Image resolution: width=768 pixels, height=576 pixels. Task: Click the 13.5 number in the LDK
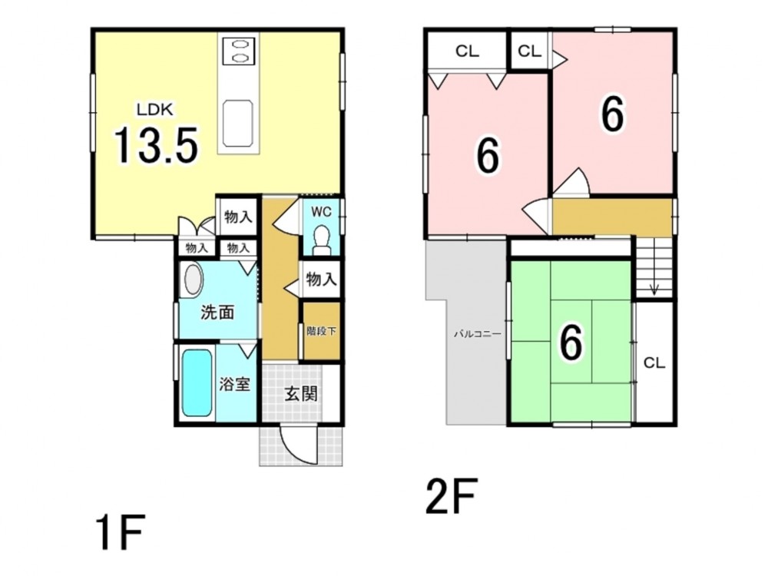[x=156, y=145]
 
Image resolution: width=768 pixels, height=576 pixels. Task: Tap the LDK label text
[x=155, y=110]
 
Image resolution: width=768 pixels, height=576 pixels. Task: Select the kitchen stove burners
[x=239, y=51]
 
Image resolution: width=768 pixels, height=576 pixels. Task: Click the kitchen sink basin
[x=238, y=124]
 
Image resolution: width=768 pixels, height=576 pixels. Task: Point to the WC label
[x=321, y=212]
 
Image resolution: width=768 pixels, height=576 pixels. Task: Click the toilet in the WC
[x=322, y=240]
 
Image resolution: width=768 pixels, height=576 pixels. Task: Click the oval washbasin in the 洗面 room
[x=193, y=280]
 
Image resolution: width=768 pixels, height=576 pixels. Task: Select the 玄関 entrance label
[x=301, y=393]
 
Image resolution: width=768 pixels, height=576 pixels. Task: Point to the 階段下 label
[x=321, y=331]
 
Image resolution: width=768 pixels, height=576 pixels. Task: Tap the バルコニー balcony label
[x=478, y=334]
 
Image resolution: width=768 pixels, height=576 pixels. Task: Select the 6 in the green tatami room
[x=571, y=343]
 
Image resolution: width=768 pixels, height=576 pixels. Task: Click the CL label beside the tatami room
[x=654, y=363]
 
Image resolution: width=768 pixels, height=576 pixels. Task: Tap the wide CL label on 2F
[x=467, y=51]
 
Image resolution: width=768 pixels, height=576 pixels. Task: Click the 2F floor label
[x=451, y=496]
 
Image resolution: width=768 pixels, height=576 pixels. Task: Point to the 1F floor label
[x=120, y=532]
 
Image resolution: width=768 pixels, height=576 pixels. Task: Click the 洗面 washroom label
[x=217, y=312]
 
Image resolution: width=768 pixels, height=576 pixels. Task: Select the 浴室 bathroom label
[x=234, y=384]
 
